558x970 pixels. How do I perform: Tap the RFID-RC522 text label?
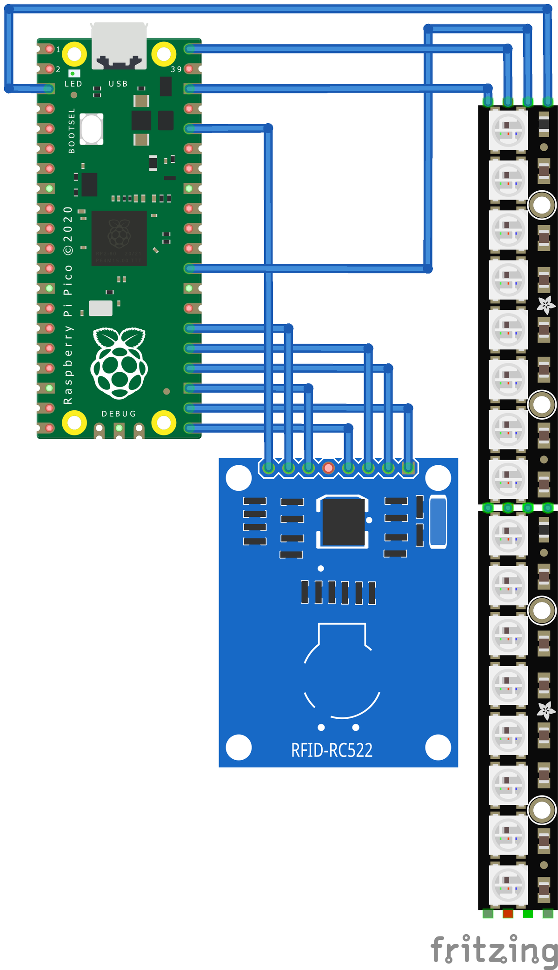pyautogui.click(x=332, y=750)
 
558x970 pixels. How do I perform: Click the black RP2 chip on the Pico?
pyautogui.click(x=119, y=238)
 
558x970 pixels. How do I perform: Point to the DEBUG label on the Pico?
pyautogui.click(x=119, y=414)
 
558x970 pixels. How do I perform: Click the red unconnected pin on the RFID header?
pyautogui.click(x=328, y=468)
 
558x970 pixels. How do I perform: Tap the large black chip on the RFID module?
pyautogui.click(x=343, y=522)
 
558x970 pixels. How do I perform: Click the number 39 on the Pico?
pyautogui.click(x=176, y=69)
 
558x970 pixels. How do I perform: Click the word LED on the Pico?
pyautogui.click(x=73, y=84)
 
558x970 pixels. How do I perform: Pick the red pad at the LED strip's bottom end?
pyautogui.click(x=508, y=913)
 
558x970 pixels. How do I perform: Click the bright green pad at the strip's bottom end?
pyautogui.click(x=528, y=913)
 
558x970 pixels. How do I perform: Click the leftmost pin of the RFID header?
pyautogui.click(x=268, y=468)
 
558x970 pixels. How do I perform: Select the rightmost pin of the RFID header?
pyautogui.click(x=408, y=468)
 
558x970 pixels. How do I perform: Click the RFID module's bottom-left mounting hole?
pyautogui.click(x=239, y=747)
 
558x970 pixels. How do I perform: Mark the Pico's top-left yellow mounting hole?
pyautogui.click(x=74, y=54)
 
